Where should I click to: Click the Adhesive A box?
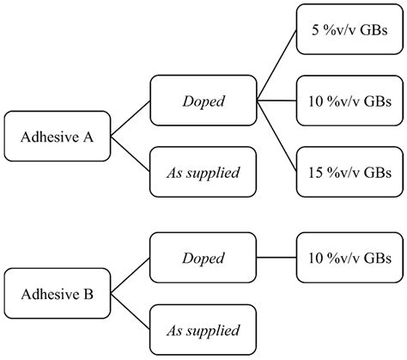(x=58, y=137)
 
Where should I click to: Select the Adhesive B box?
(x=58, y=294)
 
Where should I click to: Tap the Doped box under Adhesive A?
(x=203, y=101)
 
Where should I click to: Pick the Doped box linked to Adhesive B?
(x=203, y=258)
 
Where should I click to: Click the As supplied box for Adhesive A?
(x=203, y=172)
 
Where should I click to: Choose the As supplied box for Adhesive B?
(x=203, y=330)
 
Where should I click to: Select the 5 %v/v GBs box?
(x=349, y=29)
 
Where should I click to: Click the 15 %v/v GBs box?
(x=349, y=172)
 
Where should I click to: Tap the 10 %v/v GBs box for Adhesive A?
(x=349, y=101)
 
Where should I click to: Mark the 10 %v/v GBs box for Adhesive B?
(x=349, y=258)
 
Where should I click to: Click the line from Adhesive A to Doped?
(x=131, y=119)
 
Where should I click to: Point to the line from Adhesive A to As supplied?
(x=131, y=154)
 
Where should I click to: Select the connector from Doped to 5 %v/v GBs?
(x=276, y=65)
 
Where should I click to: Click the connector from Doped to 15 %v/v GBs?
(x=276, y=137)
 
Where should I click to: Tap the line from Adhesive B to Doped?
(x=131, y=276)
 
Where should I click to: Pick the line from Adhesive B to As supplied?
(x=131, y=312)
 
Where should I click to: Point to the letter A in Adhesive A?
(x=88, y=137)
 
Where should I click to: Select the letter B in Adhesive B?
(x=88, y=294)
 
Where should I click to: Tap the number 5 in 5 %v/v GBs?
(x=315, y=30)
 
